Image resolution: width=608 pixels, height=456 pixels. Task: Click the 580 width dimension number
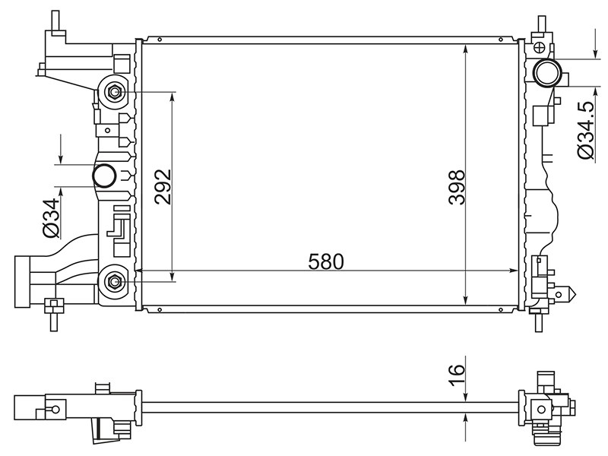click(x=326, y=261)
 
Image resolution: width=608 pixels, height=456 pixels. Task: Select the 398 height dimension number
click(x=455, y=187)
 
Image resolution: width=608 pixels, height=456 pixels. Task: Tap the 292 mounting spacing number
click(x=163, y=186)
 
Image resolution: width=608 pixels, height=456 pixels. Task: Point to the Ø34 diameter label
click(x=51, y=217)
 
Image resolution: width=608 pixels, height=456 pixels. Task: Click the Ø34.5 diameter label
click(x=585, y=130)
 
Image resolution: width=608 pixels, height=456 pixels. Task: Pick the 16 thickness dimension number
click(x=456, y=375)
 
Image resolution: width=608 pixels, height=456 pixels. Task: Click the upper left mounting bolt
click(x=114, y=92)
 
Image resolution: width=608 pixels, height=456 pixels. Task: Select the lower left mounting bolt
click(x=114, y=281)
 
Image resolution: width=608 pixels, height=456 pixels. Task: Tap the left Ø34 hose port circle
click(x=104, y=176)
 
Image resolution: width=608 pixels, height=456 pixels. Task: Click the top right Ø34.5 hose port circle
click(x=547, y=72)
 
